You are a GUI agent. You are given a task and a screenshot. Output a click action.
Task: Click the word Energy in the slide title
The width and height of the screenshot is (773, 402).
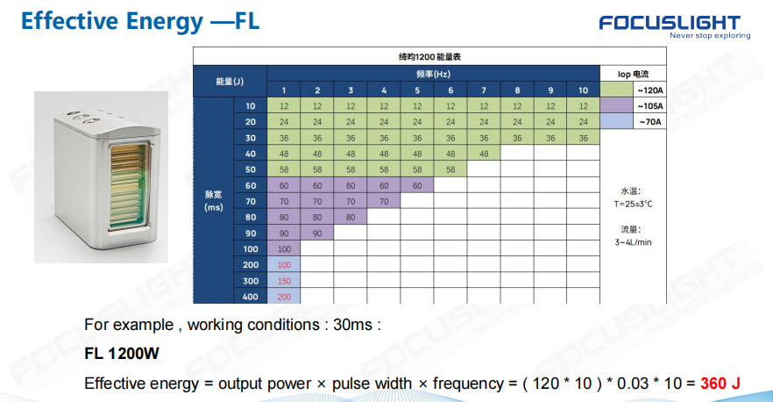pos(164,22)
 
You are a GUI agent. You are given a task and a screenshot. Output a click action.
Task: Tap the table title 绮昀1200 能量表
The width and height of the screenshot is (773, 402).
pos(429,57)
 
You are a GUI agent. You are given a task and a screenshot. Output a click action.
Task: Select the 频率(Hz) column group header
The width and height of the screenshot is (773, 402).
pos(433,74)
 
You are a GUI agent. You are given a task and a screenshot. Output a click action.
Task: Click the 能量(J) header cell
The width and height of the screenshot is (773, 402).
pos(230,82)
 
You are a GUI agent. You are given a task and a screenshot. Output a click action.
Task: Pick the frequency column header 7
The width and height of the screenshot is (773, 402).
pos(484,90)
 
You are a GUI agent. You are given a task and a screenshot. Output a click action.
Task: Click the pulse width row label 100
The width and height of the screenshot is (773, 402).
pos(251,249)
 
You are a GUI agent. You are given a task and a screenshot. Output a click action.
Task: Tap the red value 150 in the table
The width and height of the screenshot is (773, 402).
pos(284,281)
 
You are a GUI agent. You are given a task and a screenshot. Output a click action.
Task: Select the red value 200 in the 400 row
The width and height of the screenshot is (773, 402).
pos(284,297)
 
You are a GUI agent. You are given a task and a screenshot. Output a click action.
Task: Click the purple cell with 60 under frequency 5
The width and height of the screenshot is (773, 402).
pos(417,186)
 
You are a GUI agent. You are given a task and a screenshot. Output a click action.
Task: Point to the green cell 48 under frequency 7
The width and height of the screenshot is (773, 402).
pos(484,154)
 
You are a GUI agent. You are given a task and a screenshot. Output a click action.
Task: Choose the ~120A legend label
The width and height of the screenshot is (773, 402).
pos(649,90)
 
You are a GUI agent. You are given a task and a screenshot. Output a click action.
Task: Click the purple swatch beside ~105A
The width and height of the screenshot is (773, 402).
pos(616,105)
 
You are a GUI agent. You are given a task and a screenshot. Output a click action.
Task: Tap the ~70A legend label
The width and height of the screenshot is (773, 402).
pos(649,122)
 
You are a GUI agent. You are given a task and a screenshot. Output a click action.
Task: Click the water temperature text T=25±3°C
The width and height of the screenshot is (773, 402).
pos(633,204)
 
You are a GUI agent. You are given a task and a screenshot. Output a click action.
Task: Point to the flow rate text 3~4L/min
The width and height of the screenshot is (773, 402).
pos(633,242)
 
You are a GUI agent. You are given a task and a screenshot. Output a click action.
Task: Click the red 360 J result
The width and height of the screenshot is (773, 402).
pos(720,384)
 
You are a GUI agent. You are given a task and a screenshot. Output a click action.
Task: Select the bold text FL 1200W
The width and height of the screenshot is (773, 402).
pos(122,354)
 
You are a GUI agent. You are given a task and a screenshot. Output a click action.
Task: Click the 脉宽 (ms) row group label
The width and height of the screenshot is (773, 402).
pos(214,201)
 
